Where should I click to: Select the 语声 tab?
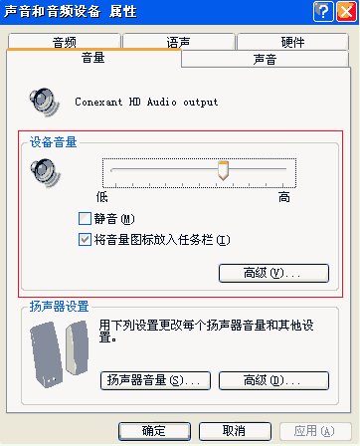click(179, 42)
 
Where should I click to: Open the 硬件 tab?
click(292, 42)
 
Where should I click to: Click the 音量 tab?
click(94, 59)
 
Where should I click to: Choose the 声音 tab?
click(266, 60)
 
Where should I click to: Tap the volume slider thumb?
click(224, 171)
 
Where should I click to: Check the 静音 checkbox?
click(85, 218)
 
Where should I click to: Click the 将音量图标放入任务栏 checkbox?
click(85, 239)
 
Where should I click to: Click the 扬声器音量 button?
click(154, 380)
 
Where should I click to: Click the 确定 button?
click(154, 430)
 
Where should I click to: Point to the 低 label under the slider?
click(101, 197)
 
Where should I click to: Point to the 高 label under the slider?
click(284, 197)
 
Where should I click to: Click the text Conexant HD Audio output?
click(146, 102)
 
